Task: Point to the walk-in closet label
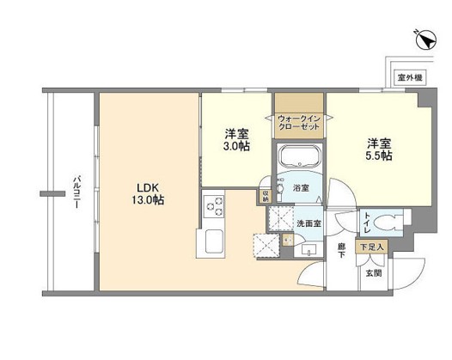298,122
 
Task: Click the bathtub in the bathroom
298,159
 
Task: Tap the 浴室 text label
302,186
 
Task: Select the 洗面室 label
308,223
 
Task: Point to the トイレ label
367,223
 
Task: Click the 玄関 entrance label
372,273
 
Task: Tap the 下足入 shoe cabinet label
372,247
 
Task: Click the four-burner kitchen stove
213,209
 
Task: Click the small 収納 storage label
263,196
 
